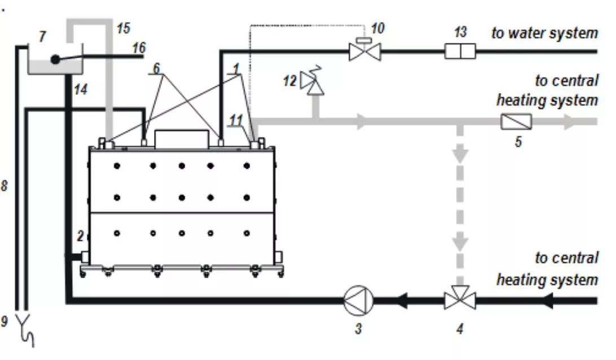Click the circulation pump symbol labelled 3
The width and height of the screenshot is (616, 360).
click(359, 300)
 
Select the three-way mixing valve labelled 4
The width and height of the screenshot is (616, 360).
click(460, 298)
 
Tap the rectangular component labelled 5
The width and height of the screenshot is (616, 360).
click(516, 122)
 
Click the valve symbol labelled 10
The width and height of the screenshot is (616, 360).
click(365, 49)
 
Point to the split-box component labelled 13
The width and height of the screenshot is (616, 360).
click(460, 51)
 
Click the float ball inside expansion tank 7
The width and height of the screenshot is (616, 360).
click(55, 60)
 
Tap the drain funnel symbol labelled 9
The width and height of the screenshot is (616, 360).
click(25, 330)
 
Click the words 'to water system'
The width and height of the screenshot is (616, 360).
click(544, 33)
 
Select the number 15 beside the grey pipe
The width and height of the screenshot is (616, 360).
click(123, 28)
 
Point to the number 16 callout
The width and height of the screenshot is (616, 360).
click(139, 48)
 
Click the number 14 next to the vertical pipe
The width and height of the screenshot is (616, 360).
click(81, 90)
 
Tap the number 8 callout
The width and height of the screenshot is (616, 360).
click(4, 186)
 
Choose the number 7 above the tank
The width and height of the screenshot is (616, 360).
click(42, 37)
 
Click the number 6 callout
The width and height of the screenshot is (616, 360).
click(156, 68)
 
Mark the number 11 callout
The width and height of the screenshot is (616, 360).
click(235, 120)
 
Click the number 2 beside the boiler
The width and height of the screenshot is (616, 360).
click(81, 236)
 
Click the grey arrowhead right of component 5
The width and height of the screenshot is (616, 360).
click(570, 122)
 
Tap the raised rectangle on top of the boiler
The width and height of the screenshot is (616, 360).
click(181, 139)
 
